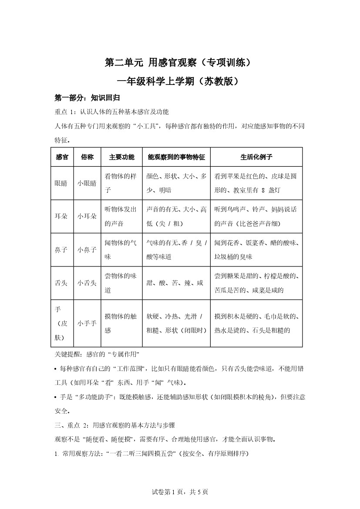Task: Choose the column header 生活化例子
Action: (x=256, y=157)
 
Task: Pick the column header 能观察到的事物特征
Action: (x=176, y=157)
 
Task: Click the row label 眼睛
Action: (x=61, y=183)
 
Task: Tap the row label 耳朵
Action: (x=61, y=216)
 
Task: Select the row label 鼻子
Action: (x=61, y=250)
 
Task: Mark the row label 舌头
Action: (x=61, y=283)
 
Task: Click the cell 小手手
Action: (x=87, y=323)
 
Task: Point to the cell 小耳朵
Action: (x=87, y=216)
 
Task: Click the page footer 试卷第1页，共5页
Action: (x=180, y=492)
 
